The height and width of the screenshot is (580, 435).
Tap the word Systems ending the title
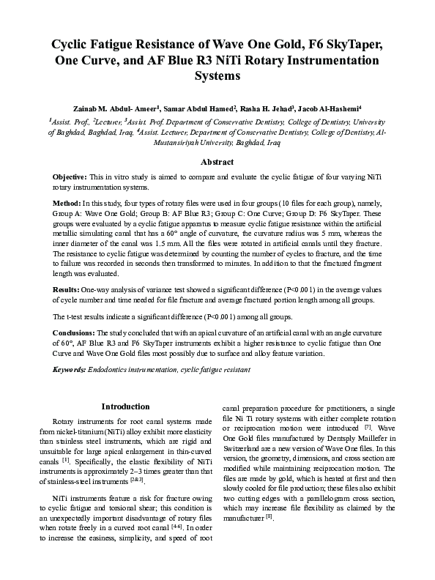point(217,75)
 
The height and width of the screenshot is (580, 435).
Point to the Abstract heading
point(217,162)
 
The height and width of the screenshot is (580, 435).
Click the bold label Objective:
point(70,178)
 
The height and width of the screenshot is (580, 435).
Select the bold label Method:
point(67,202)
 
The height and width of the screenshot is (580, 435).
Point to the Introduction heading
point(125,406)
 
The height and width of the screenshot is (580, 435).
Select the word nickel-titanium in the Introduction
point(94,432)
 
